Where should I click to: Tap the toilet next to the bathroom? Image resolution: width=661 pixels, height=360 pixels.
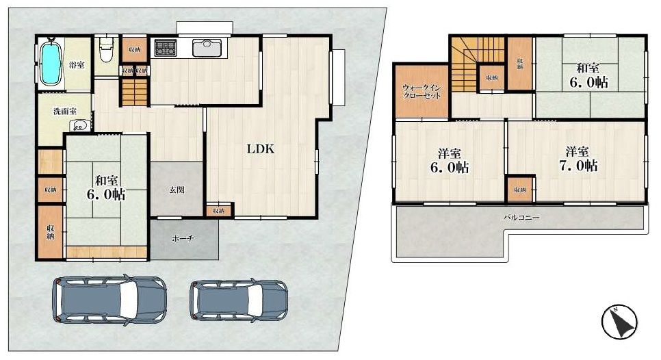pyautogui.click(x=105, y=51)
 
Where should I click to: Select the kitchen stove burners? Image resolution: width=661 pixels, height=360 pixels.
pyautogui.click(x=166, y=49)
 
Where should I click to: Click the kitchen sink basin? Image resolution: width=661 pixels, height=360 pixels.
pyautogui.click(x=206, y=49)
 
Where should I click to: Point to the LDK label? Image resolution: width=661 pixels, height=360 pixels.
pyautogui.click(x=261, y=149)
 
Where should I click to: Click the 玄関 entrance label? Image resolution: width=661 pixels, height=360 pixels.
pyautogui.click(x=177, y=190)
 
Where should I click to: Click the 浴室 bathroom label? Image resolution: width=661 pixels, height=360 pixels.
pyautogui.click(x=77, y=65)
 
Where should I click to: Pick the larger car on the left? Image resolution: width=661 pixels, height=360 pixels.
pyautogui.click(x=109, y=298)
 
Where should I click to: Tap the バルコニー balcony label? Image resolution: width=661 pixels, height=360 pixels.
pyautogui.click(x=522, y=217)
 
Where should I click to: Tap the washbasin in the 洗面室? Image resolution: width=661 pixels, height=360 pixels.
pyautogui.click(x=81, y=125)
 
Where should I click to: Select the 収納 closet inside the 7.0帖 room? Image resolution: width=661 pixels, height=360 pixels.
pyautogui.click(x=520, y=189)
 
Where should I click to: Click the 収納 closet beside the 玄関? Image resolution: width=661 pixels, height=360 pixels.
pyautogui.click(x=218, y=211)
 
